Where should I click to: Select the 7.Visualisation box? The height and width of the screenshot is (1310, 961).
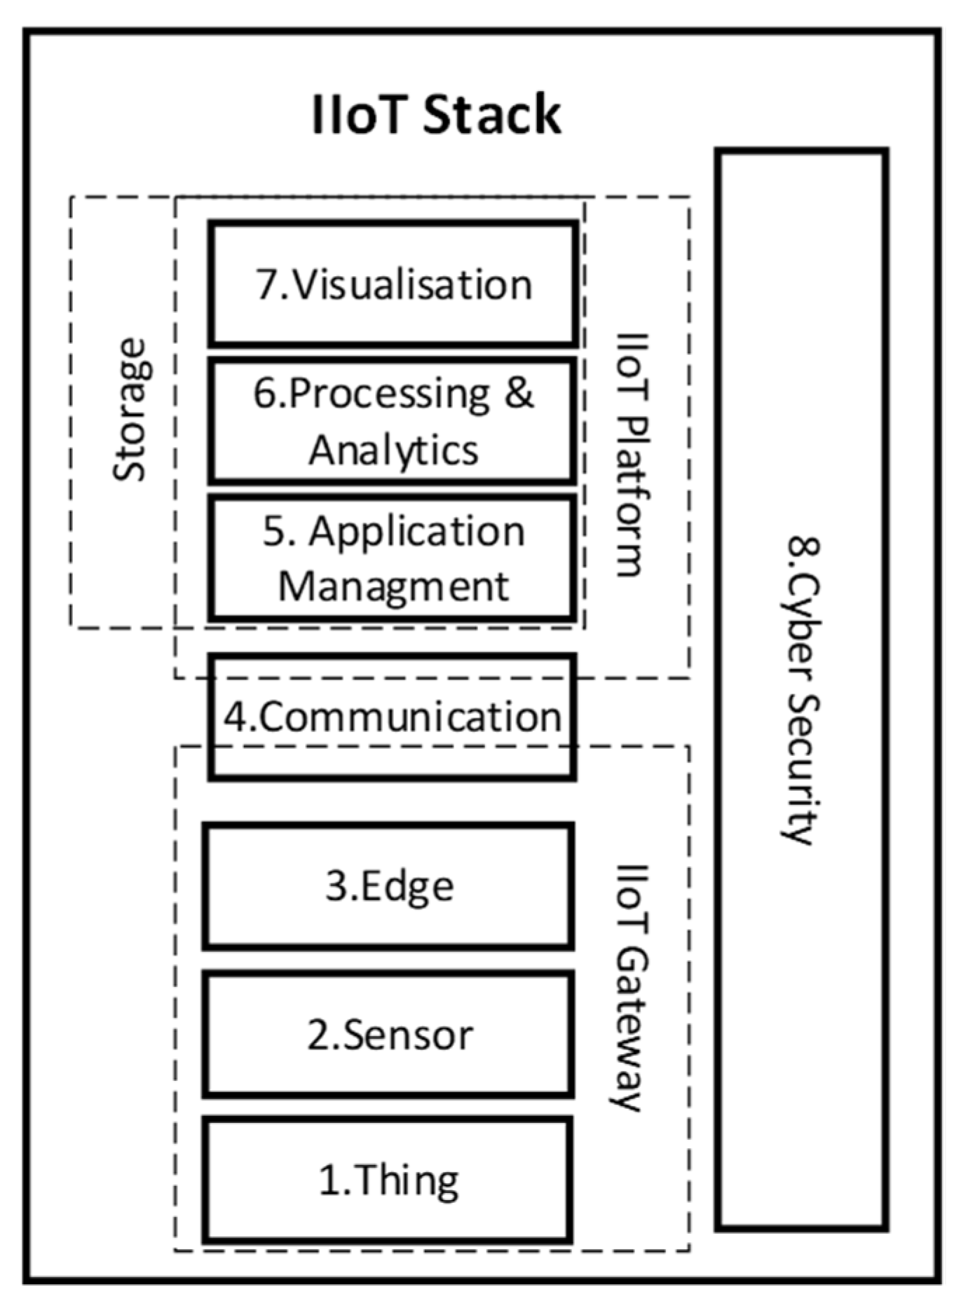(393, 284)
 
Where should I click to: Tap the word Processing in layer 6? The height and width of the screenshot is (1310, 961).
(389, 394)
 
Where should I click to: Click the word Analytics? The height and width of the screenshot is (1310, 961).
(393, 449)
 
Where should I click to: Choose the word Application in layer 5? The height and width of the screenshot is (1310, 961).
(417, 531)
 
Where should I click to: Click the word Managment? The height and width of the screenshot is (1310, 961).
(393, 586)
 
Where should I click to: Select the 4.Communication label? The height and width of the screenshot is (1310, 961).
(393, 717)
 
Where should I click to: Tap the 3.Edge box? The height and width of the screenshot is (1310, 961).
(389, 885)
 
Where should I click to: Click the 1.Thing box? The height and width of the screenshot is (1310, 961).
(389, 1180)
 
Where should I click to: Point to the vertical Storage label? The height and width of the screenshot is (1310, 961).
(130, 410)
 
